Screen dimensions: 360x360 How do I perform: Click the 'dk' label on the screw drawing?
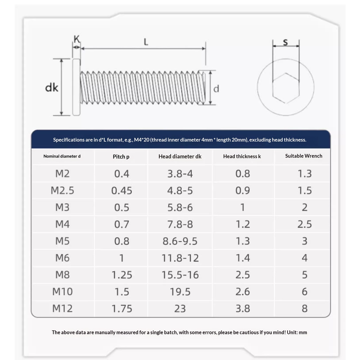(x=52, y=88)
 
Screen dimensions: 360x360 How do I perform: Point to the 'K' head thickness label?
(x=76, y=39)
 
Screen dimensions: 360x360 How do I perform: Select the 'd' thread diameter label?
(x=216, y=89)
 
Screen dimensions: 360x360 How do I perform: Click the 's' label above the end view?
(x=285, y=42)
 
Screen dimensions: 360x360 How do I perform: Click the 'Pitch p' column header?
(x=121, y=157)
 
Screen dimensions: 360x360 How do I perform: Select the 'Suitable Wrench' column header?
(x=304, y=156)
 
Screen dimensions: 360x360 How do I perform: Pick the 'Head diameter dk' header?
(x=180, y=157)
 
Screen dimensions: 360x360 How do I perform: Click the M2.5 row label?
(x=62, y=190)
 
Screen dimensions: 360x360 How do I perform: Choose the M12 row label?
(x=62, y=309)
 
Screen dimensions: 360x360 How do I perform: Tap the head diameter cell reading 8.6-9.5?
(x=180, y=241)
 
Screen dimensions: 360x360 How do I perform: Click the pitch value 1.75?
(x=121, y=309)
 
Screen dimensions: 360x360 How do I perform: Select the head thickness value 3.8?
(x=243, y=309)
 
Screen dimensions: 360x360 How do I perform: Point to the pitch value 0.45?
(x=121, y=190)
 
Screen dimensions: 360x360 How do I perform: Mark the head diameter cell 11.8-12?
(x=180, y=258)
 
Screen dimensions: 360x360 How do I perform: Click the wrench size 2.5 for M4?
(x=305, y=224)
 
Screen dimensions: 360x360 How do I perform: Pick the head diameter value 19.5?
(x=180, y=292)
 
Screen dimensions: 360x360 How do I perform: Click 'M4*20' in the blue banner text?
(x=140, y=140)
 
